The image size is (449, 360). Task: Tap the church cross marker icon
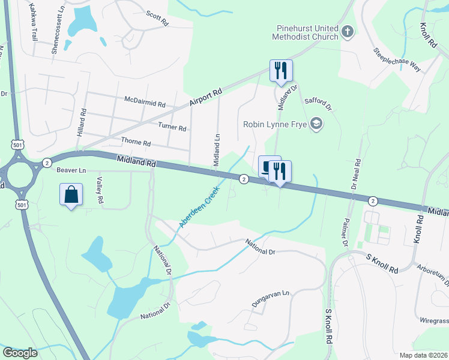(x=347, y=31)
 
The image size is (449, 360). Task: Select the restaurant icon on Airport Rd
(x=280, y=71)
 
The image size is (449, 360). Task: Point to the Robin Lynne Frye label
(x=275, y=125)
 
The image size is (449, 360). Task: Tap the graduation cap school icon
(x=316, y=125)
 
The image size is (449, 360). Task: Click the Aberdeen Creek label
(x=199, y=207)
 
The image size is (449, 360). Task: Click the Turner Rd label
(x=172, y=127)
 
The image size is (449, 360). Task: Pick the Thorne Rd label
(x=136, y=142)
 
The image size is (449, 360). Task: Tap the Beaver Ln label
(x=71, y=170)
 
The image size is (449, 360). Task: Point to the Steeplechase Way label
(x=397, y=60)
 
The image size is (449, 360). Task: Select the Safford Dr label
(x=318, y=106)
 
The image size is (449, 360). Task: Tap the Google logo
(x=20, y=353)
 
